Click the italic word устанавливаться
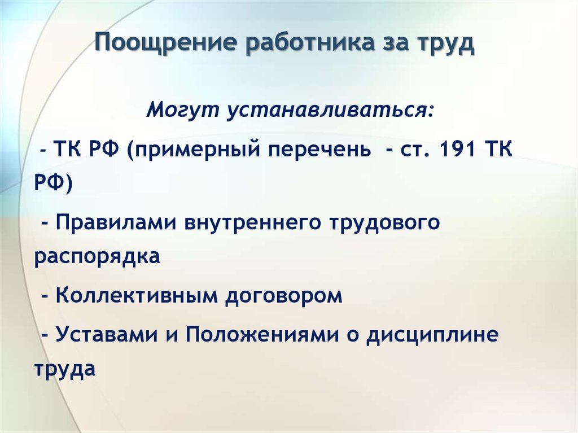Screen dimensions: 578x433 331,110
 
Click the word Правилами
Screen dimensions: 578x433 116,222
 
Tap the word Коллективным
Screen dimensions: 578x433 137,295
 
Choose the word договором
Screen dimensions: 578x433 284,296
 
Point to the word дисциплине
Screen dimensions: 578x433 432,335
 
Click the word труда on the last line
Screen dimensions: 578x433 65,369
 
